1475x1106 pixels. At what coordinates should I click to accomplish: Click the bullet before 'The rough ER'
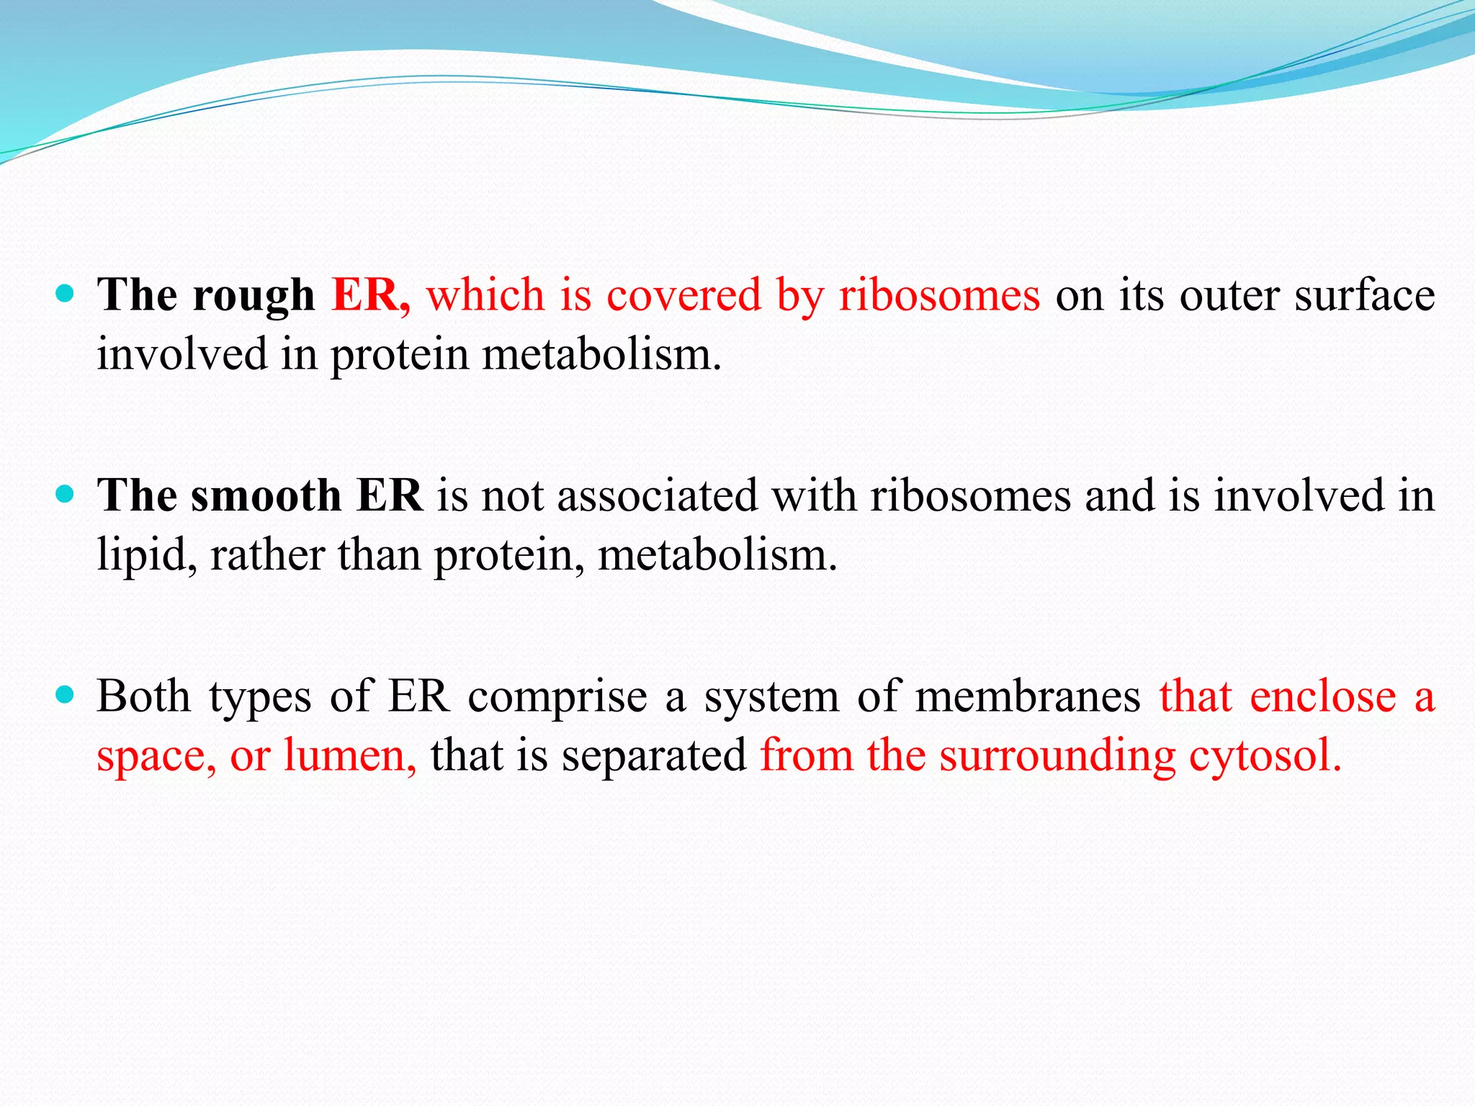point(65,294)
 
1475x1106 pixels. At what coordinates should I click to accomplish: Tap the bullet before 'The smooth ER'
point(65,494)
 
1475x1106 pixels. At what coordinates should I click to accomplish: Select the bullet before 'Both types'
point(65,694)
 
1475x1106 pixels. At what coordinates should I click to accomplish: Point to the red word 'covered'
point(683,295)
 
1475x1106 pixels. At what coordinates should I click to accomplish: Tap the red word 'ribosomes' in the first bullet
point(939,295)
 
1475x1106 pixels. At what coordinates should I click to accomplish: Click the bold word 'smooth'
point(266,495)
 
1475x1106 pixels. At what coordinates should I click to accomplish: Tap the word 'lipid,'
point(147,556)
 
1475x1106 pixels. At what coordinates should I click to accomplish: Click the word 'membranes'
point(1028,697)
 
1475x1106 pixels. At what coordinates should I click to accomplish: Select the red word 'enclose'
point(1323,697)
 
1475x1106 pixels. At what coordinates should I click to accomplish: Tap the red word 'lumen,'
point(350,756)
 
